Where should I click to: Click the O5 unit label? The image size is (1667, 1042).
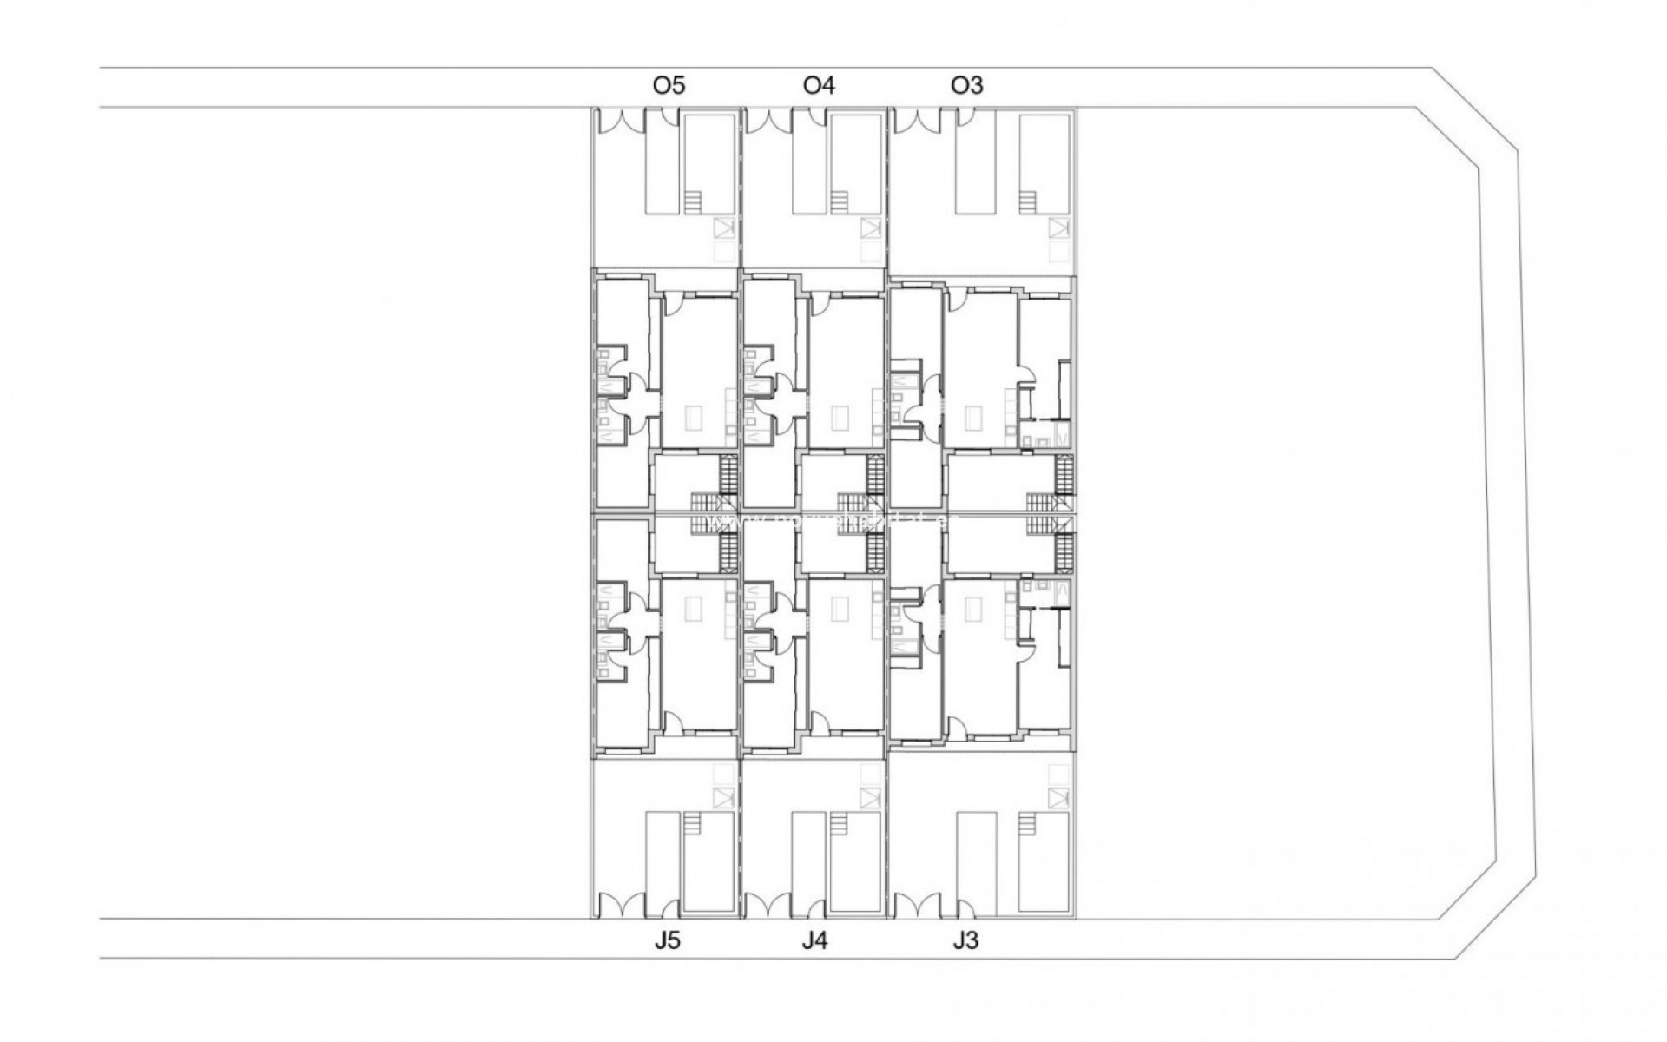pos(669,85)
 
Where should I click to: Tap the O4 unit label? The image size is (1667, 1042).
pos(819,85)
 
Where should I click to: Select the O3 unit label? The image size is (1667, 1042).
pos(966,85)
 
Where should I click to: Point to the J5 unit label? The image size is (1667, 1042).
pos(668,941)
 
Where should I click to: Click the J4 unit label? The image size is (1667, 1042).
pos(814,941)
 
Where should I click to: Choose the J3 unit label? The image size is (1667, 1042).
pos(965,941)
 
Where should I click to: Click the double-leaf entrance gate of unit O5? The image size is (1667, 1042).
pos(618,121)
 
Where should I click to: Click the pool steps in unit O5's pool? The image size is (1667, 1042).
pos(692,202)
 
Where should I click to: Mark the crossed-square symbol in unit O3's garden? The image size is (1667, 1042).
pos(1058,228)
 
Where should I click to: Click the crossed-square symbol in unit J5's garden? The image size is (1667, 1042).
pos(721,797)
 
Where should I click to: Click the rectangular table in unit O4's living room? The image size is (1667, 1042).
pos(840,419)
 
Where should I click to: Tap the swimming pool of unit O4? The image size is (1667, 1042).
pos(855,162)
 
